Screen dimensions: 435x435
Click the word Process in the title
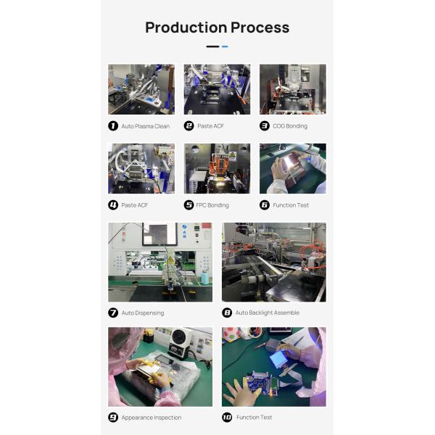tap(260, 28)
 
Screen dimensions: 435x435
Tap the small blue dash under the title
tap(225, 46)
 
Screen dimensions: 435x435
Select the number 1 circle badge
tap(113, 126)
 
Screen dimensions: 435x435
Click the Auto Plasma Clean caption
tap(146, 126)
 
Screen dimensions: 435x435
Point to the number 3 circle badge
tap(265, 126)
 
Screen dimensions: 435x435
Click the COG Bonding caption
tap(290, 126)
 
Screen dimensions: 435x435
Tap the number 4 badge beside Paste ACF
tap(113, 205)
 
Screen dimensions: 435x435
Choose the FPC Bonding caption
tap(212, 205)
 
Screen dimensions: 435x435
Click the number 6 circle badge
tap(265, 205)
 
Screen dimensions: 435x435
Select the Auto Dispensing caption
tap(143, 313)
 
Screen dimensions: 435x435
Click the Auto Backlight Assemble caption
tap(267, 312)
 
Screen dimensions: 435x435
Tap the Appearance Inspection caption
tap(152, 418)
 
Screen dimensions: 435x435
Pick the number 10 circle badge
tap(227, 418)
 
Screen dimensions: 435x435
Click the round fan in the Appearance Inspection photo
tap(181, 337)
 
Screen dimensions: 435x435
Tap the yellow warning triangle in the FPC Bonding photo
tap(233, 155)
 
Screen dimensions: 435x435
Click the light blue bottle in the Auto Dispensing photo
tap(205, 277)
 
